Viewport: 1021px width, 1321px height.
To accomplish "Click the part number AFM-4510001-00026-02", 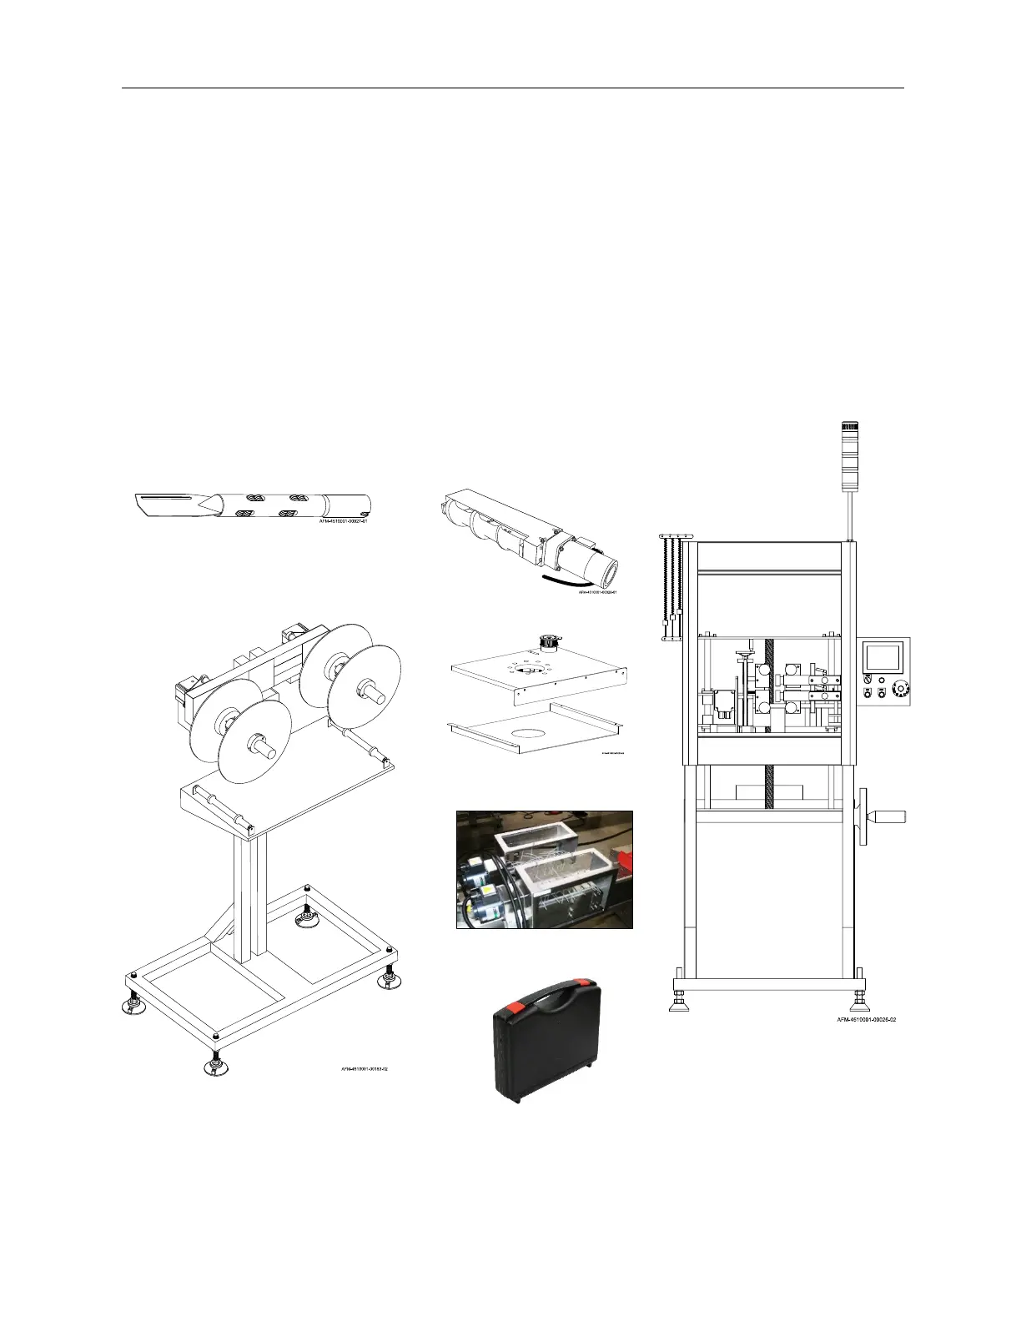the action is [x=867, y=1019].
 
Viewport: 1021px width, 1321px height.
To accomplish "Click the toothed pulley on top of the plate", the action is [x=549, y=642].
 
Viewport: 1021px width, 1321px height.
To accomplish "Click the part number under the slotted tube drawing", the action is [x=342, y=521].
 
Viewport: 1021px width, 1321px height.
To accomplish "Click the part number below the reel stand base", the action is [x=364, y=1068].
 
